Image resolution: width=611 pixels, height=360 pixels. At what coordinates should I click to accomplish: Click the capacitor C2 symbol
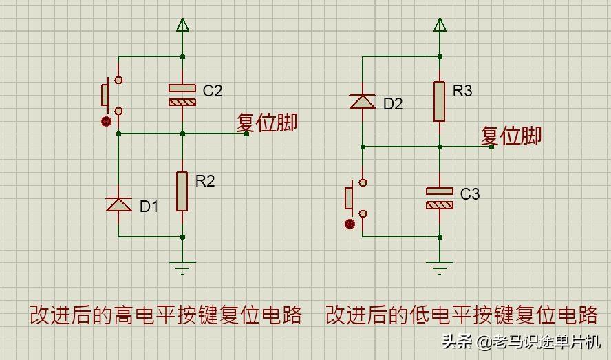tap(182, 95)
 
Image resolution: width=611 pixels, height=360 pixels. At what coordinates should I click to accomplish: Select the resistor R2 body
tap(182, 191)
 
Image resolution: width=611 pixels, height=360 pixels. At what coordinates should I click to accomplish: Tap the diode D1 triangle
tap(119, 204)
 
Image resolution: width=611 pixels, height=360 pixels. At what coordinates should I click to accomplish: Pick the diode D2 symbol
tap(363, 101)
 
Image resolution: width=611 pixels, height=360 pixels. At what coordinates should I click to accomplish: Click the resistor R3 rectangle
tap(440, 101)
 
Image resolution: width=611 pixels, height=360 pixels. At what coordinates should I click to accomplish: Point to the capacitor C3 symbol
tap(440, 198)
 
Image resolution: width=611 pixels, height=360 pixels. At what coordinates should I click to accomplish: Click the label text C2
tap(213, 90)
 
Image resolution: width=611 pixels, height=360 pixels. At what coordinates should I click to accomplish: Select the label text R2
tap(205, 181)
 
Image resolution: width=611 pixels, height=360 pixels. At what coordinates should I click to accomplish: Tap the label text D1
tap(149, 207)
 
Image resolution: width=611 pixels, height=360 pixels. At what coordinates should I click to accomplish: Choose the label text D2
tap(393, 104)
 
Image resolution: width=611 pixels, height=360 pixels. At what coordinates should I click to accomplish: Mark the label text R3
tap(462, 90)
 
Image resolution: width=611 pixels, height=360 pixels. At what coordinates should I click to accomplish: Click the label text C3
tap(469, 194)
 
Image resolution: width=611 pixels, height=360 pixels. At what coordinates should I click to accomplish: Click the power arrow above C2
tap(182, 25)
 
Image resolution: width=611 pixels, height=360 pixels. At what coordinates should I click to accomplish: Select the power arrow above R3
tap(440, 25)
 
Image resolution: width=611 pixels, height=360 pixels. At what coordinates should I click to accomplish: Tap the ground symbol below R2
tap(182, 268)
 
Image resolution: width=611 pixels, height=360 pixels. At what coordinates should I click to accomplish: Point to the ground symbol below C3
tap(440, 268)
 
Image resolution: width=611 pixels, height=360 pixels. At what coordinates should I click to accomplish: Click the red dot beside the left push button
tap(106, 122)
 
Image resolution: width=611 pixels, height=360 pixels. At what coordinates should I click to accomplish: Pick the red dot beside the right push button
tap(350, 224)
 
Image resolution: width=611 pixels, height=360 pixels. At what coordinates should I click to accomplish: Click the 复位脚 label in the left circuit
tap(267, 122)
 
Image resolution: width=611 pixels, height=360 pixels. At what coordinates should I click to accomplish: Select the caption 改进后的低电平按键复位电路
tap(462, 315)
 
